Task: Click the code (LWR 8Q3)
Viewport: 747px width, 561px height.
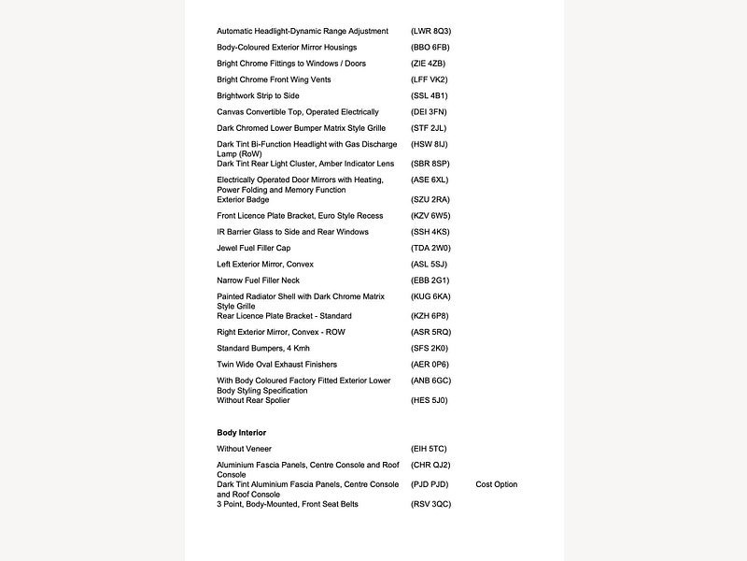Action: (430, 31)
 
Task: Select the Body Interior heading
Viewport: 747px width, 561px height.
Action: (241, 433)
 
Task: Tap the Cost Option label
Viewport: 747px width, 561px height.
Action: (496, 484)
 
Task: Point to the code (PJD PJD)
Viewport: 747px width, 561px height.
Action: (430, 484)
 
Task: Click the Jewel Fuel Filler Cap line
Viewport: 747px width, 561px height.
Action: (253, 248)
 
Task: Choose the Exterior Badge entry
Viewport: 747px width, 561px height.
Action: (243, 199)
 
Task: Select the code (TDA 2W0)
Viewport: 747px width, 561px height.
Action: (430, 248)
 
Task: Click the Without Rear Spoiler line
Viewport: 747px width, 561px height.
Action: (253, 400)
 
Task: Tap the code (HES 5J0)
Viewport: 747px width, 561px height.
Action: (430, 400)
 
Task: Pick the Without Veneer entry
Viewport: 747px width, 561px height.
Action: (244, 449)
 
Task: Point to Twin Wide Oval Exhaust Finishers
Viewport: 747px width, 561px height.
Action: (276, 365)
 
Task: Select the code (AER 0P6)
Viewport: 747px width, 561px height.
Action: (430, 365)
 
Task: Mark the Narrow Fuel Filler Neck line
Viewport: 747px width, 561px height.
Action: (258, 280)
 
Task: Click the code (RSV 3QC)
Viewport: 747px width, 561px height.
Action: (430, 504)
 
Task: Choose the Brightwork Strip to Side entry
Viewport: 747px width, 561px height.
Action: (257, 95)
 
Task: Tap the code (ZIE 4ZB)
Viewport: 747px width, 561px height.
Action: (428, 64)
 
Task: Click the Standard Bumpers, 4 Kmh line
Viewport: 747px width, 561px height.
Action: (262, 348)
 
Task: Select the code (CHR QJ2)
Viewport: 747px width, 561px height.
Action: (430, 465)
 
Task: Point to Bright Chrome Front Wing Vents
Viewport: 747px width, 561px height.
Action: (274, 79)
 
